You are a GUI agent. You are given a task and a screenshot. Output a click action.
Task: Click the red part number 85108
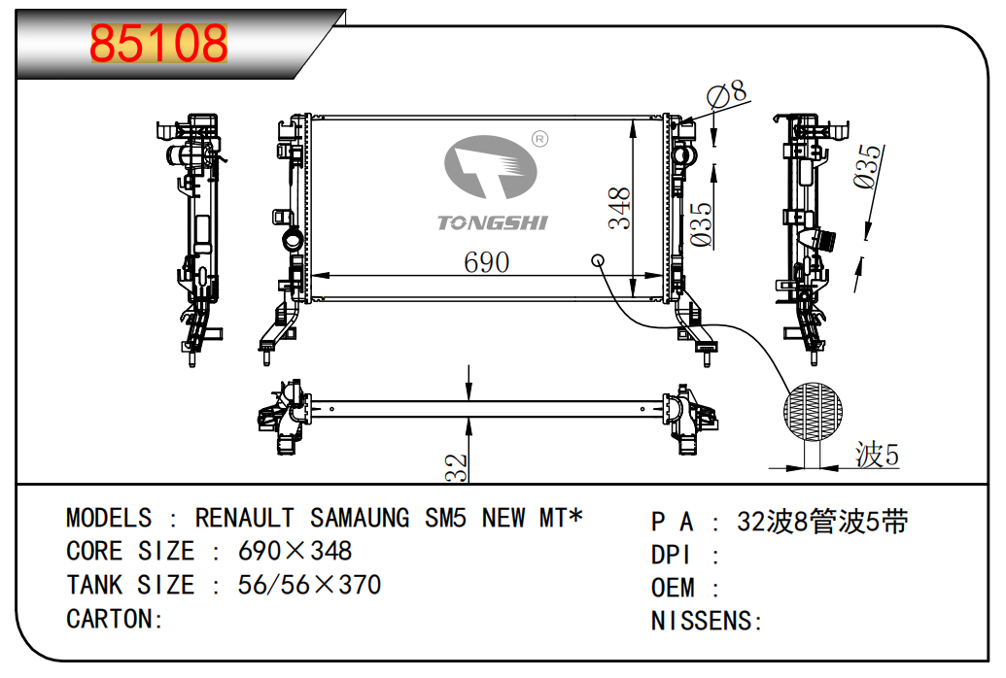point(158,44)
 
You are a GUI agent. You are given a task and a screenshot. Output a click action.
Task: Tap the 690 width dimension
point(486,262)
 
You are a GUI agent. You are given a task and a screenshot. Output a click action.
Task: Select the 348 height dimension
point(620,208)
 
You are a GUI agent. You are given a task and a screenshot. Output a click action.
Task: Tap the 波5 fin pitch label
point(877,454)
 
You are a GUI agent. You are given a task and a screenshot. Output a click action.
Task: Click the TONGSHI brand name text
point(493,223)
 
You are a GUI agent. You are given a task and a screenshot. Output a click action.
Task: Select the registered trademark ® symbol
point(540,140)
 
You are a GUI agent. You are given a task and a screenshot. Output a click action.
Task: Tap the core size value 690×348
point(295,552)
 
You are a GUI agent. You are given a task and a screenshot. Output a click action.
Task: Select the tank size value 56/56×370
point(309,585)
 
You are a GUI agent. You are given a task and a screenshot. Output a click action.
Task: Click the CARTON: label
point(115,619)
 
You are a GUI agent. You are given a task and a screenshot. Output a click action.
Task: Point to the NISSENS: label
point(707,621)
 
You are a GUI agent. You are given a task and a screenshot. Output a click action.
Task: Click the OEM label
point(673,588)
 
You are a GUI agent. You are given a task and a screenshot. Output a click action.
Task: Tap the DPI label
point(671,555)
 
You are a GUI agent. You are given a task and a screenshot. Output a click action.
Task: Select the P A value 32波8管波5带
point(822,522)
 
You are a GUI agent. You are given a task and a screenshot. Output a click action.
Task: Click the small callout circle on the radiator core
point(599,260)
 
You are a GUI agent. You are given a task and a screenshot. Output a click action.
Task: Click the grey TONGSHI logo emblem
point(491,169)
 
